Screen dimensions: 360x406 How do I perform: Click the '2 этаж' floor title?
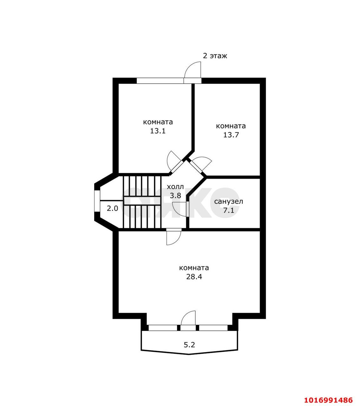point(215,56)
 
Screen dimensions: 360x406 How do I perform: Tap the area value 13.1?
point(158,131)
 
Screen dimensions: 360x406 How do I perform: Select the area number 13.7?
point(231,135)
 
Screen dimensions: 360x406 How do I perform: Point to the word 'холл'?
point(175,187)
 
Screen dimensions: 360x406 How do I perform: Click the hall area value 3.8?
point(175,195)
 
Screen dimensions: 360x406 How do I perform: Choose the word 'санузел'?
point(228,201)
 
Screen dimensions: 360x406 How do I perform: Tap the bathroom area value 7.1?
point(228,210)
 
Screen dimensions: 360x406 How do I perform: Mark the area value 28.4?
point(194,277)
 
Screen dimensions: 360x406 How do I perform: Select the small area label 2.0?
point(112,209)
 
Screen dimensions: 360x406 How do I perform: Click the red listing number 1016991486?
point(329,395)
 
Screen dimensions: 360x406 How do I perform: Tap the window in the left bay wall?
point(97,200)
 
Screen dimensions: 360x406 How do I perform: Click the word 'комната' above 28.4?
point(194,268)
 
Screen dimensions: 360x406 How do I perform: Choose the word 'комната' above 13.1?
point(158,122)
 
